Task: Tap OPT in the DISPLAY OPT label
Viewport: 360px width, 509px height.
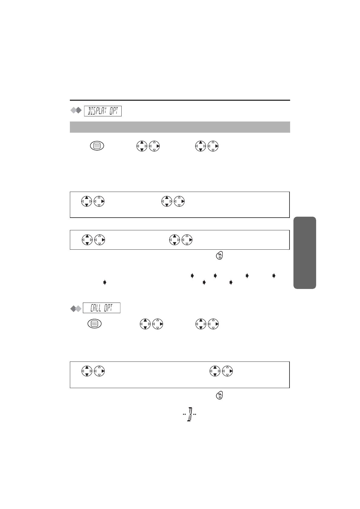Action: (114, 111)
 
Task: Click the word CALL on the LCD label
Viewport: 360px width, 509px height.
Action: (96, 308)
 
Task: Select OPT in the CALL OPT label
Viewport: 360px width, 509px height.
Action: (108, 308)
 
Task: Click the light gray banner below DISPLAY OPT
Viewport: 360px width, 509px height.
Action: (180, 127)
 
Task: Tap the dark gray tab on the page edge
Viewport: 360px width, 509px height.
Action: (305, 253)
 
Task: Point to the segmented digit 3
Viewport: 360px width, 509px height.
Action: (190, 414)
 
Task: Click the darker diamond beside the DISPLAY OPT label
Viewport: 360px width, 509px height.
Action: (78, 110)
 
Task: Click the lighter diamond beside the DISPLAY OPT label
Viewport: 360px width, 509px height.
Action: (73, 110)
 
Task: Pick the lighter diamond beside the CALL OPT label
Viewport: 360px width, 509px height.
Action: (78, 309)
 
